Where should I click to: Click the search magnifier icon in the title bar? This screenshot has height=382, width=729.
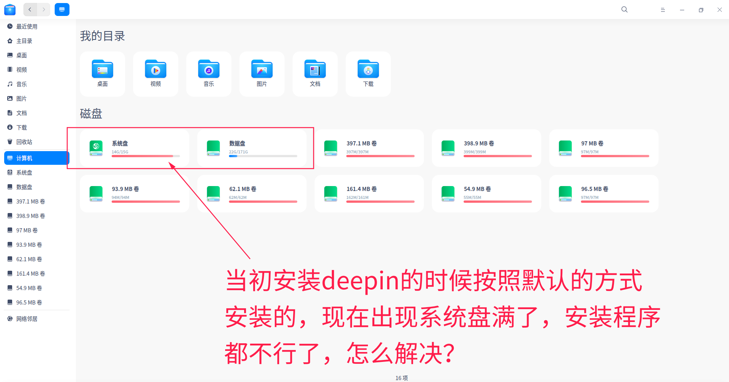click(x=624, y=9)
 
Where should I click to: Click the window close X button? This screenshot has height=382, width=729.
click(x=720, y=10)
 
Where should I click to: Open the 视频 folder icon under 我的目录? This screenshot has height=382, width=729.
click(x=156, y=69)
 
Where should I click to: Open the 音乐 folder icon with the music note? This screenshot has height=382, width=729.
click(x=209, y=69)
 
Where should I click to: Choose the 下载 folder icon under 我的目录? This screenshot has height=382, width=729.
click(x=368, y=69)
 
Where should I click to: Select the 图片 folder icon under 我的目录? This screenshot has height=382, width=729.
click(x=262, y=69)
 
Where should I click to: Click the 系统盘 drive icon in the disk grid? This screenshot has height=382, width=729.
click(x=96, y=148)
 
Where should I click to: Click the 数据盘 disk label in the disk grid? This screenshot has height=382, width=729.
click(x=237, y=144)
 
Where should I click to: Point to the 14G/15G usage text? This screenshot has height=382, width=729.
click(x=120, y=152)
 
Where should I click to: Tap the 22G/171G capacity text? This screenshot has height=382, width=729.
click(x=238, y=152)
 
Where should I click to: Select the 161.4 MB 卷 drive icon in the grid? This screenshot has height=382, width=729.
click(x=331, y=194)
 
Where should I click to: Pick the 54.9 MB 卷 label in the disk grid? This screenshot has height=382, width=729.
click(x=477, y=189)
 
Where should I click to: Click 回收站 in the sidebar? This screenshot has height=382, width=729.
click(x=24, y=142)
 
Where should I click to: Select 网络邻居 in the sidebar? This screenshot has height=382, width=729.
click(x=27, y=319)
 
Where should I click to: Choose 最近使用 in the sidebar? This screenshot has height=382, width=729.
click(x=27, y=27)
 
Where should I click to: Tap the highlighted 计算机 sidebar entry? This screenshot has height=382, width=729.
click(x=37, y=158)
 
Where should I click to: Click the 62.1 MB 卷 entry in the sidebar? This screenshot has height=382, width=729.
click(x=29, y=259)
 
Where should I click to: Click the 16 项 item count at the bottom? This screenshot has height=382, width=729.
click(x=402, y=378)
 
